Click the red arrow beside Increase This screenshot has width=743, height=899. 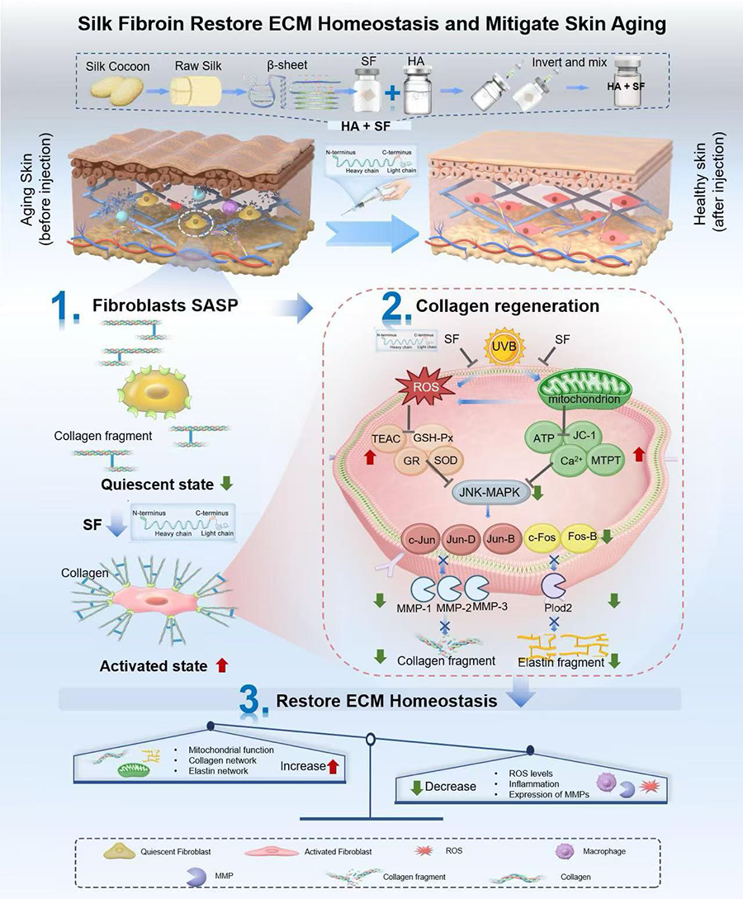334,765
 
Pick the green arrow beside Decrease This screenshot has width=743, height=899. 417,785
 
